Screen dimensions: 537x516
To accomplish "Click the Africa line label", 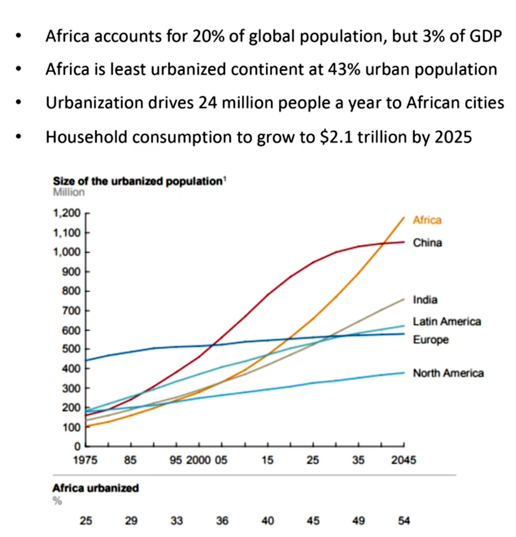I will click(427, 220).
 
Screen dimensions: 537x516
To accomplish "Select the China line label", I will click(427, 243).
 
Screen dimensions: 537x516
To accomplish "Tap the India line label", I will click(425, 300).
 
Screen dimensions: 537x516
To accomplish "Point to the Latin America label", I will click(447, 321).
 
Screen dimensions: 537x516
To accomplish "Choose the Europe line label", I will click(431, 340).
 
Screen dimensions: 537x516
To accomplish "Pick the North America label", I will click(448, 373).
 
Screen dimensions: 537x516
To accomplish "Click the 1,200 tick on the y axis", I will click(67, 214).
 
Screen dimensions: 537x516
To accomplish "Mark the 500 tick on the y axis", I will click(72, 349).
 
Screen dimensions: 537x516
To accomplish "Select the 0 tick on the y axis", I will click(78, 446).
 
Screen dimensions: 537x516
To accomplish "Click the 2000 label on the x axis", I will click(198, 461).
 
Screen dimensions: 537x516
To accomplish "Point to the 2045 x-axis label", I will click(404, 461).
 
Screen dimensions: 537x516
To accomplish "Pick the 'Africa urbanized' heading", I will click(95, 488).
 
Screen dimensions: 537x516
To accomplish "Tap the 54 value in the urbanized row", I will click(404, 521).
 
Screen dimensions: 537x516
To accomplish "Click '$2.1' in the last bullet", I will click(319, 137).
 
